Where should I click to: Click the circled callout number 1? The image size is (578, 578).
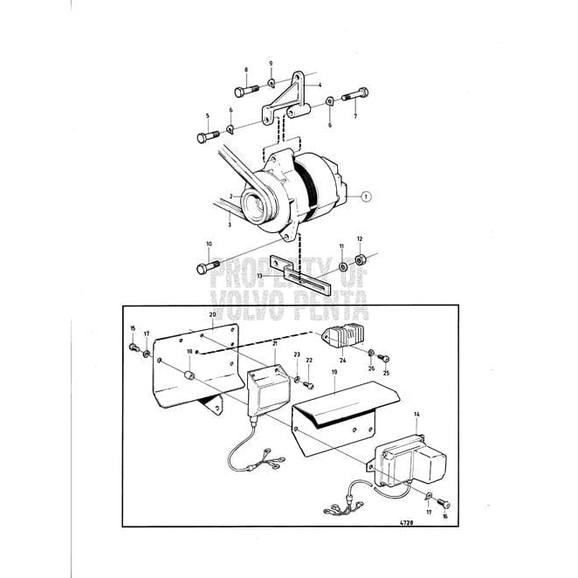pos(368,197)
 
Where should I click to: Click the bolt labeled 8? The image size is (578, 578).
pos(244,90)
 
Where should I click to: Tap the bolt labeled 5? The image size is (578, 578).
pos(207,135)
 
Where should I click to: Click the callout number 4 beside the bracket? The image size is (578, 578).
pos(320,84)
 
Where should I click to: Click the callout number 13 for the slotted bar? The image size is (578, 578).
pos(258,275)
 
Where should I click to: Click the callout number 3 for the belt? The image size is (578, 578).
pos(230,224)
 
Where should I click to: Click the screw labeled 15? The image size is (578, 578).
pos(134,348)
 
